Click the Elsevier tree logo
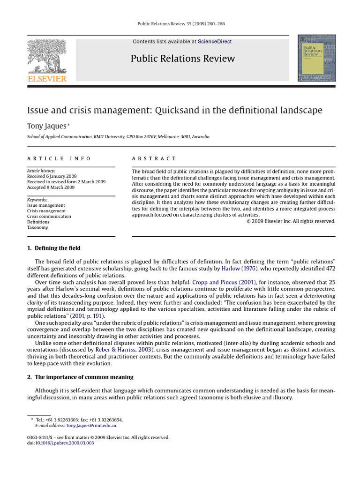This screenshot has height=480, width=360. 47,55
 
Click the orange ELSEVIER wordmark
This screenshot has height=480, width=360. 47,78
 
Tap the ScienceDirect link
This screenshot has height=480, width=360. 214,42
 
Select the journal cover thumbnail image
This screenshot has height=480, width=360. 316,58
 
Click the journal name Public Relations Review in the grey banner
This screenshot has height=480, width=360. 182,59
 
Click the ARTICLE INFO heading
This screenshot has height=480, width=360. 59,159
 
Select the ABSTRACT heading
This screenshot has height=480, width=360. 154,159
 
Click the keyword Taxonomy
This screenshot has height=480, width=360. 38,228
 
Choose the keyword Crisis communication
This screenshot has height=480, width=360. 49,217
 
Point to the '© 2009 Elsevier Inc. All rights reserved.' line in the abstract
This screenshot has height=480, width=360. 291,221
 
